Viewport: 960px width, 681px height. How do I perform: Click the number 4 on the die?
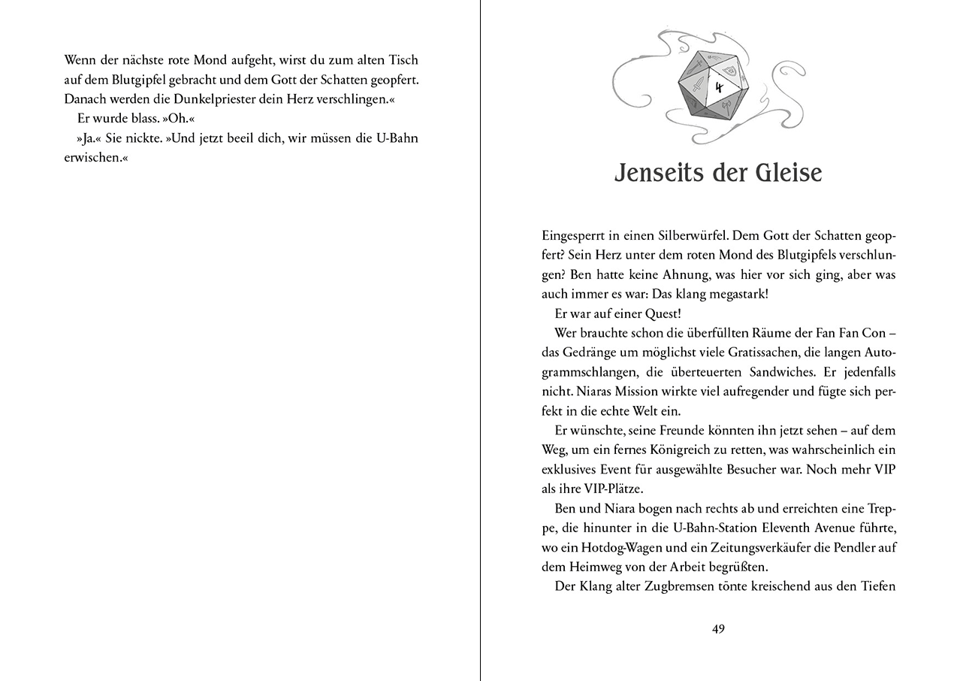718,87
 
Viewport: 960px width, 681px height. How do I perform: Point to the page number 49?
718,629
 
